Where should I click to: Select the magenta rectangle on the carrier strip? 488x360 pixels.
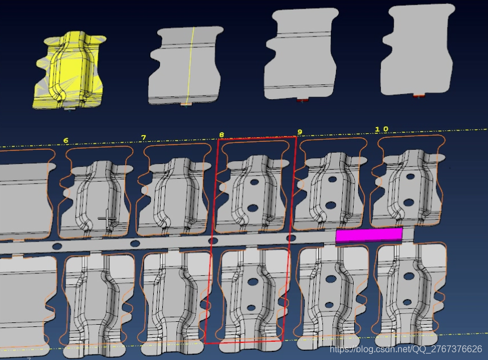click(369, 235)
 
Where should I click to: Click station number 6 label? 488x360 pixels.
click(65, 141)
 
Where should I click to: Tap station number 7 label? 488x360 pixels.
click(143, 137)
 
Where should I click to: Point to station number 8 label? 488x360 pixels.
click(222, 135)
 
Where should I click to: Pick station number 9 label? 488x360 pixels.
click(300, 132)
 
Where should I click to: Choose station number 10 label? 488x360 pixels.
click(382, 129)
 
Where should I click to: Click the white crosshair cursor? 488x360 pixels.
click(107, 218)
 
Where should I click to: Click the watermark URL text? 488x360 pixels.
click(406, 349)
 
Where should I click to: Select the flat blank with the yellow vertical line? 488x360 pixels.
click(186, 66)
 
